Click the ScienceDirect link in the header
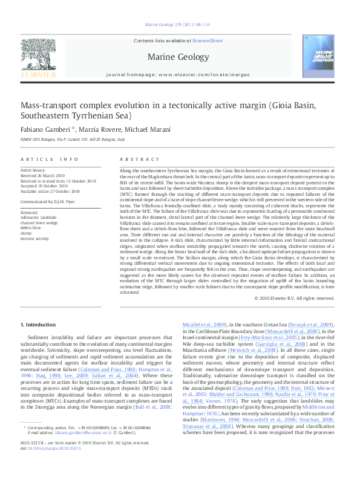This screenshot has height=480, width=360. click(208, 41)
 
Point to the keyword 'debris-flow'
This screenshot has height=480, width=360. click(30, 228)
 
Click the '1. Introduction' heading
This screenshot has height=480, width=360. click(38, 325)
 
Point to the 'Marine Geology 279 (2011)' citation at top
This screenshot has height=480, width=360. click(178, 25)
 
